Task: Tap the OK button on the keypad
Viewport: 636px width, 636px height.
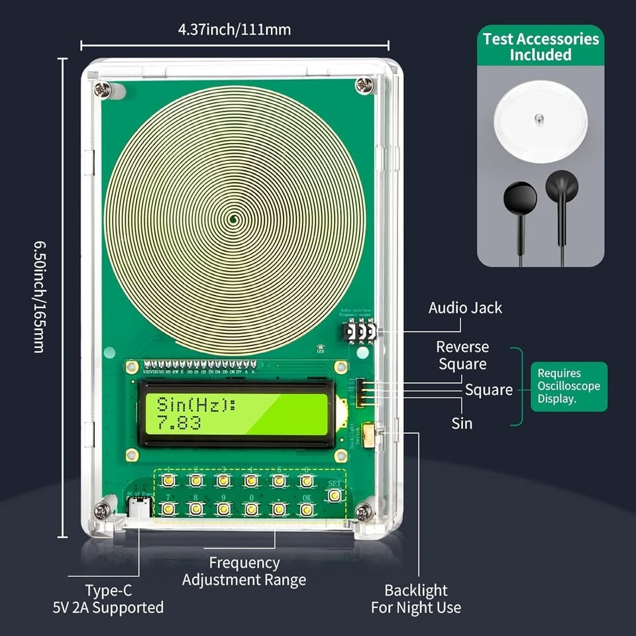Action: point(306,509)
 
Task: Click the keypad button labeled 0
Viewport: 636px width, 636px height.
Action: point(251,509)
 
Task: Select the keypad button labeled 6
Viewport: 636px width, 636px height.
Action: point(306,480)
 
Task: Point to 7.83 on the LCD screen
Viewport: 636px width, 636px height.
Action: point(178,423)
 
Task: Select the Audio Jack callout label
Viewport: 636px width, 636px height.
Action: point(465,308)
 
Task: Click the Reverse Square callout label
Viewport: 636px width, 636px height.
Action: point(462,355)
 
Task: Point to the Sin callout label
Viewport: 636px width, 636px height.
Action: point(462,423)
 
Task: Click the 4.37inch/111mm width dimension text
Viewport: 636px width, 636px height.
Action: point(234,29)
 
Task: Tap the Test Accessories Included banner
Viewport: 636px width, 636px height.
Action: point(541,46)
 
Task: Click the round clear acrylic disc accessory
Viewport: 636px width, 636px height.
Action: point(540,119)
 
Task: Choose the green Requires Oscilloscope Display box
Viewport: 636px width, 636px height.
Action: point(568,386)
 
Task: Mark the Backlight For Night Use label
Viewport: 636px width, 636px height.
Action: point(416,598)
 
